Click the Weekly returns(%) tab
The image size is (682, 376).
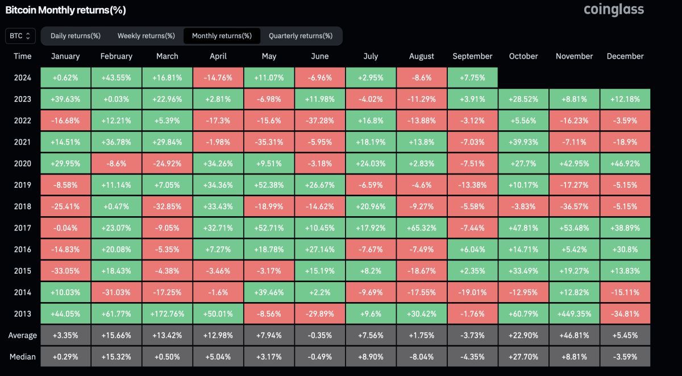pyautogui.click(x=146, y=36)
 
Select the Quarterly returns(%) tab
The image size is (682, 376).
pyautogui.click(x=301, y=36)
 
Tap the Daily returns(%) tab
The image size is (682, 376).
pyautogui.click(x=76, y=36)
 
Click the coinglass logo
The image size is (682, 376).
pyautogui.click(x=614, y=10)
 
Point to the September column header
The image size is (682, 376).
pyautogui.click(x=472, y=56)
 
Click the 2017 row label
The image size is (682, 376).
pyautogui.click(x=23, y=228)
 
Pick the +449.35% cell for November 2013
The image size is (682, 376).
pyautogui.click(x=574, y=313)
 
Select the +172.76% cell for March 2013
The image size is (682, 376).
pyautogui.click(x=167, y=313)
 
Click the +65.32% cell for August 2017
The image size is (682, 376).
pyautogui.click(x=422, y=228)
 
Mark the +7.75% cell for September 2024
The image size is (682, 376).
pyautogui.click(x=472, y=77)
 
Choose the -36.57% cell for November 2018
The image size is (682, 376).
pyautogui.click(x=574, y=206)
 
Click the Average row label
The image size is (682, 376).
pyautogui.click(x=23, y=335)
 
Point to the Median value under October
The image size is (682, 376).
pyautogui.click(x=523, y=357)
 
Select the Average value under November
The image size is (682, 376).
pyautogui.click(x=574, y=335)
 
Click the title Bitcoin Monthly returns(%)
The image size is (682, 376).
pyautogui.click(x=65, y=10)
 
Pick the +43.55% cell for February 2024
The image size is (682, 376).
pyautogui.click(x=116, y=77)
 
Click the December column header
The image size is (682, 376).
pyautogui.click(x=625, y=56)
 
